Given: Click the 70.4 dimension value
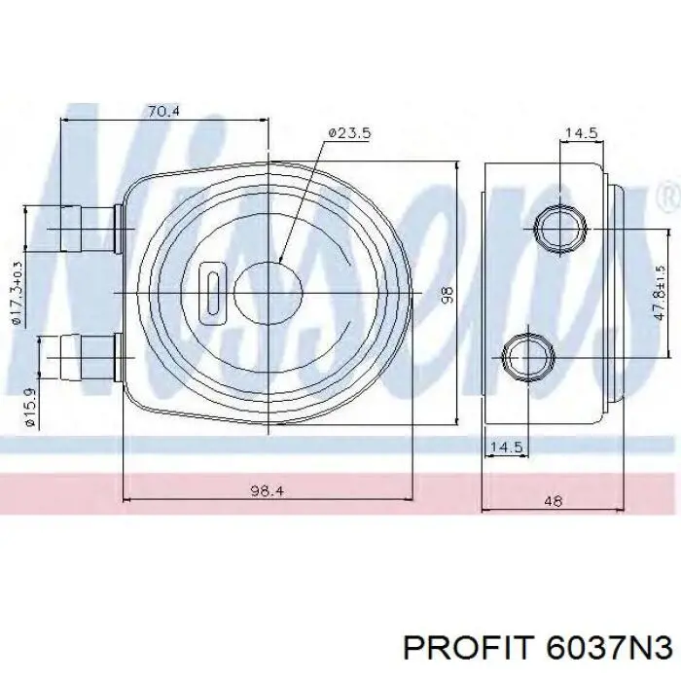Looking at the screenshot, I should click(x=163, y=112).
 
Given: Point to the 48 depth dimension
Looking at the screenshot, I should click(x=553, y=501).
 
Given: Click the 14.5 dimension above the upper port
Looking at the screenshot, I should click(x=580, y=134).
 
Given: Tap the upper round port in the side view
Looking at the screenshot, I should click(x=559, y=228).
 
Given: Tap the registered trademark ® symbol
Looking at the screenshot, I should click(x=668, y=199).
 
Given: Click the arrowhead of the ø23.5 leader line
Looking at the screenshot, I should click(x=279, y=261).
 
